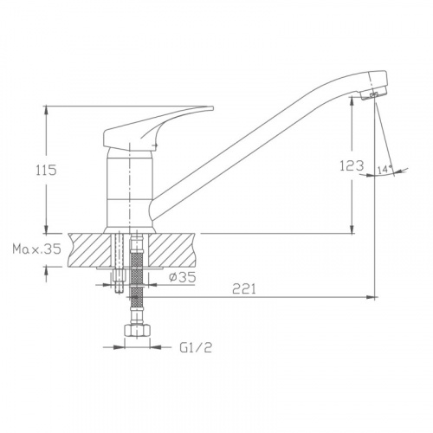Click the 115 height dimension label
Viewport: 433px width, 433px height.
[x=46, y=170]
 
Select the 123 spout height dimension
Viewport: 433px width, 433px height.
[x=352, y=166]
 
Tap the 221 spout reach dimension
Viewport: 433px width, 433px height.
[x=244, y=288]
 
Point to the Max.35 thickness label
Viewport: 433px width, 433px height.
[x=36, y=249]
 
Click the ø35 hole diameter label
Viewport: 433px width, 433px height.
[x=183, y=277]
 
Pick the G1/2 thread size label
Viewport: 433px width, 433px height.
[x=196, y=347]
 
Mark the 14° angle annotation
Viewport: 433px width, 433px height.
[x=385, y=170]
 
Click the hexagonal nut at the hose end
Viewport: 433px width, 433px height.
[x=138, y=330]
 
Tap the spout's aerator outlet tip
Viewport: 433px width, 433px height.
[x=373, y=95]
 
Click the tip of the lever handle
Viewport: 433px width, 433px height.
[x=212, y=108]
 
